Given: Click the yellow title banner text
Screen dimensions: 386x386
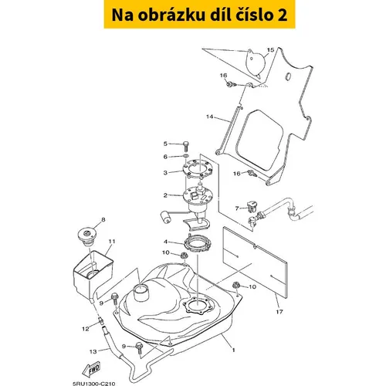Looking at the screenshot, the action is [x=199, y=15].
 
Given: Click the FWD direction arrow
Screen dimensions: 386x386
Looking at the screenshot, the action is [x=91, y=370].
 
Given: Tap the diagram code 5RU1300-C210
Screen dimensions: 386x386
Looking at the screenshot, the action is [x=93, y=384].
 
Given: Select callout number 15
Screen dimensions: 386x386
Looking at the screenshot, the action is [x=270, y=49].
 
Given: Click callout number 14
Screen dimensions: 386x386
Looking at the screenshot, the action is [x=210, y=117].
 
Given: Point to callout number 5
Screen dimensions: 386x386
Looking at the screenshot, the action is [x=165, y=144].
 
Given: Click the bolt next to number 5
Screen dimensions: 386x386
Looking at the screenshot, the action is [x=186, y=147].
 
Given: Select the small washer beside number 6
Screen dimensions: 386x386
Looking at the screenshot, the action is [x=186, y=155].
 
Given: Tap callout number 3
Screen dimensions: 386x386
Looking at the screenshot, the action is [x=165, y=173].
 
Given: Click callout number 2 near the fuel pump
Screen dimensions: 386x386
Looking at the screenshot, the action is [x=165, y=195].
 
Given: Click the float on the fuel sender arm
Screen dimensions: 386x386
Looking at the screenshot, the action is [x=165, y=216].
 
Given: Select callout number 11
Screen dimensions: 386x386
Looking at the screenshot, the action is [x=112, y=242].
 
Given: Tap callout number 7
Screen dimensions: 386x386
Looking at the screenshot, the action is [x=237, y=208].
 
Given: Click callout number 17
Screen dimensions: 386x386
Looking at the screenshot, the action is [x=279, y=312].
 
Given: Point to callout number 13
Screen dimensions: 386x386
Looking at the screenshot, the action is [x=93, y=351].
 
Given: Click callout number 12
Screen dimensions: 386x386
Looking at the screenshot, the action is [x=86, y=329].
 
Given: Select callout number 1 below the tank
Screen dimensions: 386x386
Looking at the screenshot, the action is [x=233, y=350].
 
